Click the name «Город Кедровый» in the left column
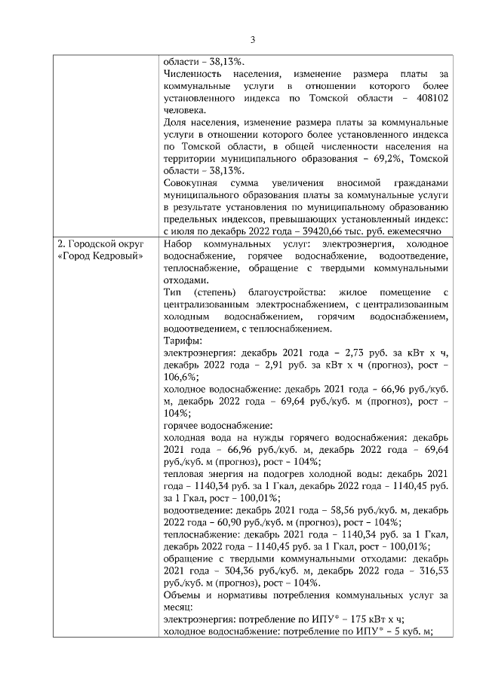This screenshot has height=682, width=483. tap(101, 257)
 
